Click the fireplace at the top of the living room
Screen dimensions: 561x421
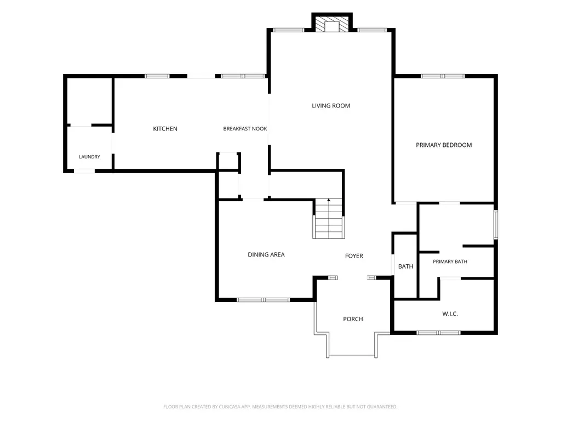pos(332,24)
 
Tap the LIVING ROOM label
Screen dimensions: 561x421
pos(331,106)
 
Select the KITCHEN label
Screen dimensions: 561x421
pos(165,128)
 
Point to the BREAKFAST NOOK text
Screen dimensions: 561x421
pos(245,128)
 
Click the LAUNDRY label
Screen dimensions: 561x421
pos(89,157)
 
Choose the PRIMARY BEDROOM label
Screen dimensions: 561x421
pos(444,145)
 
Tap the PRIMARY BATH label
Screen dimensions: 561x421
pos(450,261)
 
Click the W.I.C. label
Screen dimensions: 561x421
pos(450,314)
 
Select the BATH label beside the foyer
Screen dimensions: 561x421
pos(406,266)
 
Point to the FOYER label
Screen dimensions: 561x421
pos(354,256)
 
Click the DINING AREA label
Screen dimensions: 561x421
pos(266,254)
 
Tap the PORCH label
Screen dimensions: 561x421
pos(353,319)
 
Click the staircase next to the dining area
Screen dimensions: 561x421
pos(329,219)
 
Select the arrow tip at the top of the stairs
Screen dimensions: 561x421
pos(329,199)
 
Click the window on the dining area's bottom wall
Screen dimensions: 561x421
pos(263,300)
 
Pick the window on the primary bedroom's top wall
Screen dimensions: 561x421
pos(443,76)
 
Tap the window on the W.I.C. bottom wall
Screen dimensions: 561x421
pos(439,333)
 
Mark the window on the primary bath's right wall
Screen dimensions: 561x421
pos(496,224)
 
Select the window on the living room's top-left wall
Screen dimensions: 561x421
pos(288,30)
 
